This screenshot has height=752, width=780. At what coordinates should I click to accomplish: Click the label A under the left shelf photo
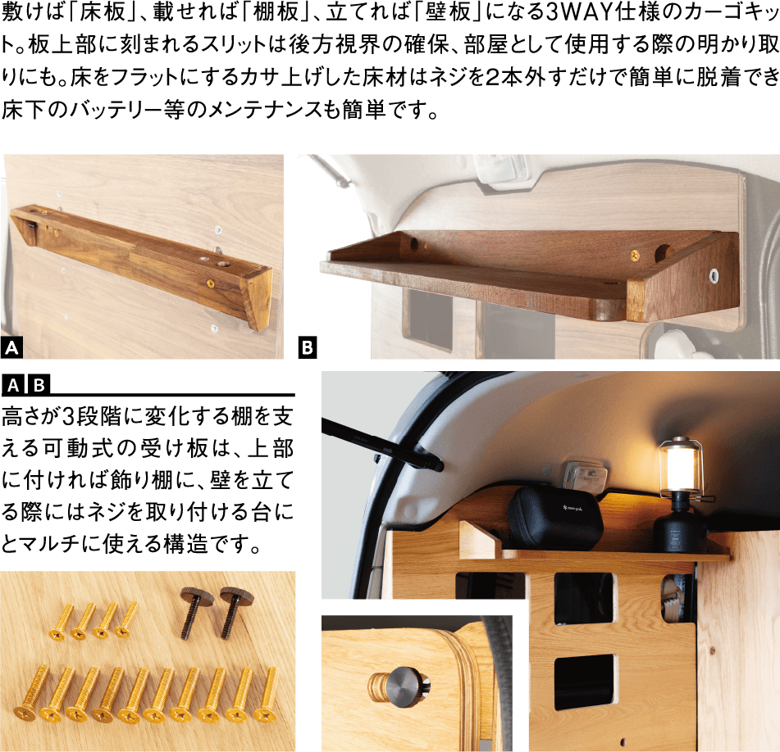point(11,347)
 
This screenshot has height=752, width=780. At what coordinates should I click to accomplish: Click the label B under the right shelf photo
point(308,347)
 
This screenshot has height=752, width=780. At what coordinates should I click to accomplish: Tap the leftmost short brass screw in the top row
point(62,621)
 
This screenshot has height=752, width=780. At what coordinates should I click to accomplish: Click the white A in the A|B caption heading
point(13,385)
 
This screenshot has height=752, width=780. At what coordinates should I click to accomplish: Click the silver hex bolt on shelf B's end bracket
point(714,276)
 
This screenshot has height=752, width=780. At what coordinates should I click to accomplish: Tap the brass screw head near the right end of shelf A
point(211,284)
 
